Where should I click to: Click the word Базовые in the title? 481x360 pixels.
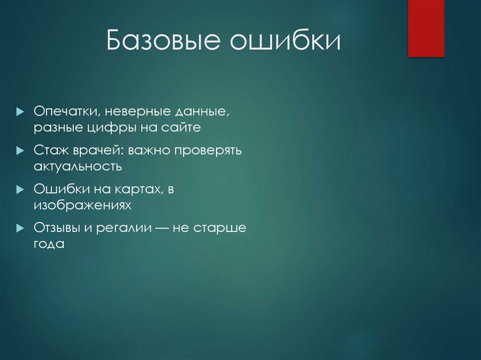click(163, 42)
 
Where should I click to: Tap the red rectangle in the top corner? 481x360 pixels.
click(426, 28)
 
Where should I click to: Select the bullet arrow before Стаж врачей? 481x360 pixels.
click(19, 151)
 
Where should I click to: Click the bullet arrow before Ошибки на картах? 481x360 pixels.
click(19, 190)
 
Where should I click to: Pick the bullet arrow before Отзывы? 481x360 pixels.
click(19, 228)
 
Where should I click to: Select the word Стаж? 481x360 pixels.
click(51, 151)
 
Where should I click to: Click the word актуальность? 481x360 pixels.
click(78, 166)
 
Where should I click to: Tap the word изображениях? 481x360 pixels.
click(81, 205)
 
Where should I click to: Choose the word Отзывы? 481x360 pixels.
click(57, 228)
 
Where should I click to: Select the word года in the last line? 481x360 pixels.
click(48, 244)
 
